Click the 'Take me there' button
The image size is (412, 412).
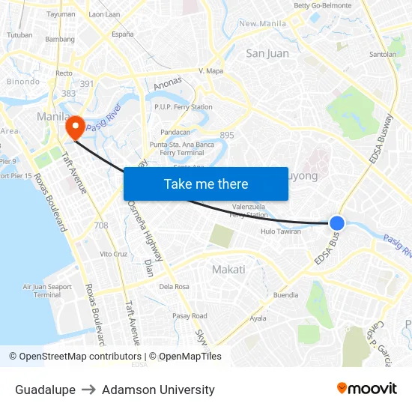click(206, 184)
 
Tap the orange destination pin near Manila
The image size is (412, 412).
click(74, 128)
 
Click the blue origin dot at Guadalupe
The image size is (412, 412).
click(337, 222)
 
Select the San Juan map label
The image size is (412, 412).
click(267, 53)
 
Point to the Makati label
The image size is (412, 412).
click(228, 270)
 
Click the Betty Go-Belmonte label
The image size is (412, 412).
click(322, 5)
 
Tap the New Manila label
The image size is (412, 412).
click(263, 23)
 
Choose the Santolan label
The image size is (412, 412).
click(383, 55)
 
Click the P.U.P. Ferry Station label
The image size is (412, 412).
click(184, 107)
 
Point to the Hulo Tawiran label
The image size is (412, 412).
click(281, 231)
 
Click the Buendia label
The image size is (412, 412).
click(285, 295)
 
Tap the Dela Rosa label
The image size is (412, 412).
click(174, 286)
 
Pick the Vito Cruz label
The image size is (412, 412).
click(114, 254)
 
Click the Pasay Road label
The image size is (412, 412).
click(190, 316)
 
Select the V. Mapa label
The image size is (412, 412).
click(211, 71)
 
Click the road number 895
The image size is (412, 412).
click(227, 135)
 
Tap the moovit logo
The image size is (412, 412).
click(366, 389)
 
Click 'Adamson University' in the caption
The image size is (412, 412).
click(158, 390)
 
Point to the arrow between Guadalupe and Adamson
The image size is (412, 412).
click(88, 390)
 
